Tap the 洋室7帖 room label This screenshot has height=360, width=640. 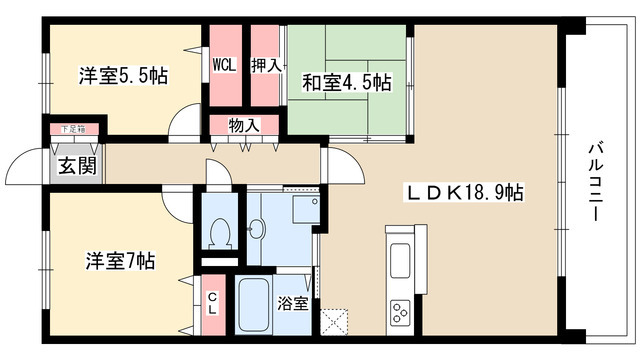click(118, 262)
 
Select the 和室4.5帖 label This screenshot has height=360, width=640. click(348, 82)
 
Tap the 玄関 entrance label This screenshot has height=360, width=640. click(76, 165)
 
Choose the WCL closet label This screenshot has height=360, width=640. click(223, 66)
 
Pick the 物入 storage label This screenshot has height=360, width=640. click(244, 126)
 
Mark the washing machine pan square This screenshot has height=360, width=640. click(300, 211)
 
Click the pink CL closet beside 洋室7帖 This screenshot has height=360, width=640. click(212, 304)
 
